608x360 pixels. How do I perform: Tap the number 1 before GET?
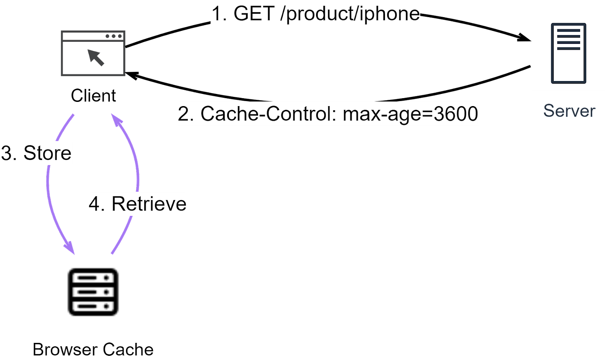point(218,14)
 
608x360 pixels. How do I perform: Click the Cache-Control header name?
point(268,114)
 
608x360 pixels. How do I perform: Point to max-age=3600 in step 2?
point(410,114)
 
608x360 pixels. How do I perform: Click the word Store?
point(47,153)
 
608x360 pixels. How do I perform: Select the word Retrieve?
point(149,204)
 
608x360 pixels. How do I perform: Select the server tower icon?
point(568,53)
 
